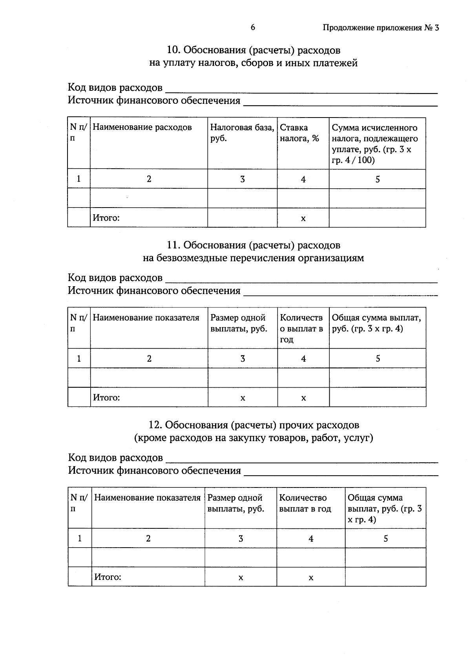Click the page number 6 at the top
coord(252,27)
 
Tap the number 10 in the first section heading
coord(172,50)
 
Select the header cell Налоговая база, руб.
coord(242,132)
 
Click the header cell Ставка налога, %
coord(299,132)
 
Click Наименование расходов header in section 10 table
coord(142,127)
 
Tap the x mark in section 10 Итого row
coord(303,219)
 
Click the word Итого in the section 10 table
coord(106,218)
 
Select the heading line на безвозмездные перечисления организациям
coord(253,258)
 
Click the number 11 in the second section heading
coord(173,245)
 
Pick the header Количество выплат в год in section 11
coord(301,328)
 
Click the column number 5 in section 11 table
coord(378,359)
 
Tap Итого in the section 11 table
coord(106,397)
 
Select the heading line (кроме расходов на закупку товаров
coord(253,438)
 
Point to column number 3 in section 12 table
coord(241,539)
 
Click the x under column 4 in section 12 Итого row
coord(311,578)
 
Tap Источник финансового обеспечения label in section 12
coord(154,471)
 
